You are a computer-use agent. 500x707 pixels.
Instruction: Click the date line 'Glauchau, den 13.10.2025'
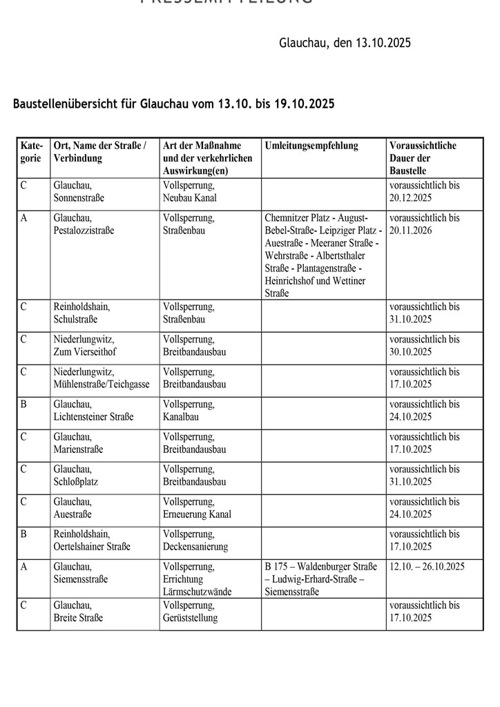click(x=345, y=43)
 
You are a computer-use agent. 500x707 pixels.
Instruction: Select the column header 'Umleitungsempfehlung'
click(x=311, y=146)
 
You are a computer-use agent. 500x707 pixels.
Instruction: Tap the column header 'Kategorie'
click(x=32, y=152)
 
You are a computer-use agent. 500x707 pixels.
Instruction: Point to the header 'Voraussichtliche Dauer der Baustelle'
click(x=423, y=158)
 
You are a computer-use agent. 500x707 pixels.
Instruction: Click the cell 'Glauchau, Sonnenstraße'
click(x=79, y=191)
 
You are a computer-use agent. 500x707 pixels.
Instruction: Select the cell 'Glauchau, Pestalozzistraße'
click(x=84, y=224)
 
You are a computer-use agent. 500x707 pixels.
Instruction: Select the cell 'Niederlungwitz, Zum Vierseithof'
click(x=84, y=345)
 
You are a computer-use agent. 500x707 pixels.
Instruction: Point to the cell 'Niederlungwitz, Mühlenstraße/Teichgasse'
click(x=101, y=378)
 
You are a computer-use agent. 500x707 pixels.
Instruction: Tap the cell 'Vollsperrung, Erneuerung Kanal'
click(x=197, y=507)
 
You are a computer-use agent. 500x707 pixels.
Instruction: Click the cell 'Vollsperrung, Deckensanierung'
click(x=195, y=540)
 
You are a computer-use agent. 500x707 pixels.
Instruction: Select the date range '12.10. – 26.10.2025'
click(x=427, y=566)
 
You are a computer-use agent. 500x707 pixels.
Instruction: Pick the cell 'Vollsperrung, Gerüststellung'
click(x=190, y=611)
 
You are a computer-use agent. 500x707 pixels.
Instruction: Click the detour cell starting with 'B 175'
click(x=323, y=579)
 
